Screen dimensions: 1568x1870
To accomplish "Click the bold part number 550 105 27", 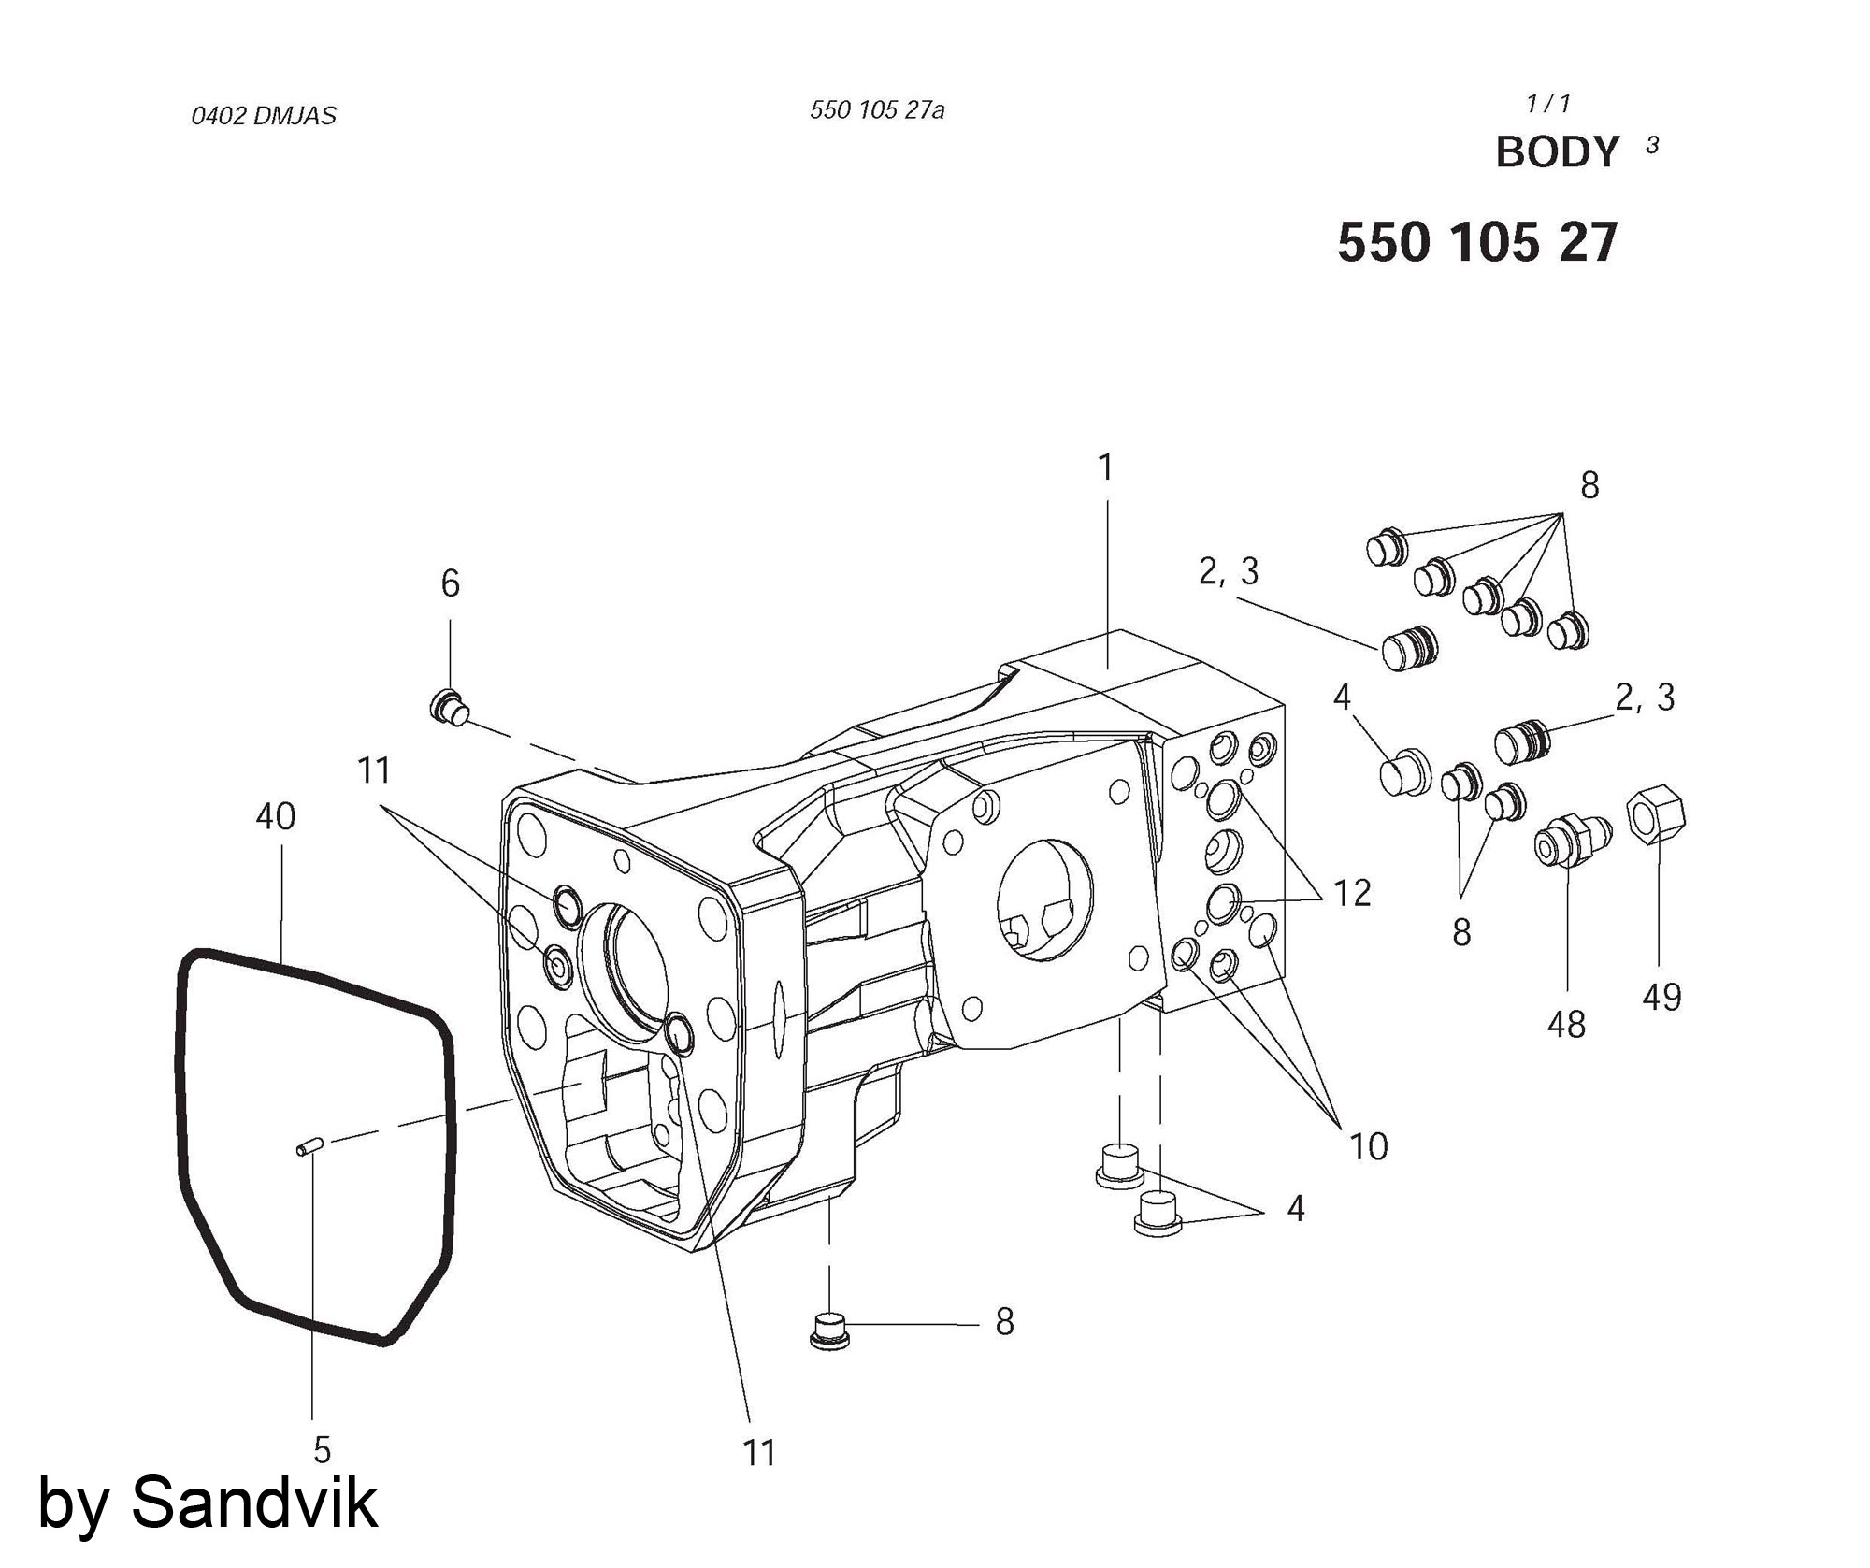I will (x=1476, y=244).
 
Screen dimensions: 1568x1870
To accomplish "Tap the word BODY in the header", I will (x=1557, y=152).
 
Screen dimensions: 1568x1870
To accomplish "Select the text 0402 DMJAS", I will (x=264, y=117).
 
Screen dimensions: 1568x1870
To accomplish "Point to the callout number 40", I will (x=276, y=817).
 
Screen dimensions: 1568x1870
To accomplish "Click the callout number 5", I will (x=322, y=1450).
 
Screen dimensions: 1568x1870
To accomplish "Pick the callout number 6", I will (x=451, y=584).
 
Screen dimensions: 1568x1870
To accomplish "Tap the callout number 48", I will (x=1566, y=1026).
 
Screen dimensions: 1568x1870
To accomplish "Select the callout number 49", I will (x=1661, y=998).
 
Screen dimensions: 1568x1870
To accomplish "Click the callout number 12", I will (x=1351, y=894).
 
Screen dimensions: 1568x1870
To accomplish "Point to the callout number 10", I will (x=1369, y=1147).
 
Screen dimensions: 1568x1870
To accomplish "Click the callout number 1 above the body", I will (x=1106, y=468).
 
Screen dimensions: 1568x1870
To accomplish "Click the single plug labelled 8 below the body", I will (x=828, y=1330).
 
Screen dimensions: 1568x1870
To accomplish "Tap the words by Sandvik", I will (x=208, y=1503).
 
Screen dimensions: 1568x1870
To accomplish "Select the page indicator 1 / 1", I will (x=1548, y=104).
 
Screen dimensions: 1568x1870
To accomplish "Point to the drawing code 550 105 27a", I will (x=877, y=111).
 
